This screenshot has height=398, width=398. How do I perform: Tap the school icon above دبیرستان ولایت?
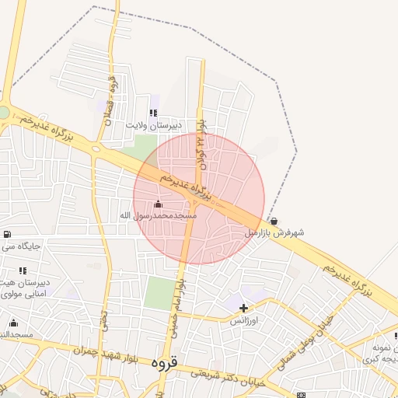click(x=153, y=113)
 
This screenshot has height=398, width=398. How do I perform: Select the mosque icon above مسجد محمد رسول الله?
click(x=159, y=204)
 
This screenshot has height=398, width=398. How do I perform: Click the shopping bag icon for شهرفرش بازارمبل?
click(x=274, y=221)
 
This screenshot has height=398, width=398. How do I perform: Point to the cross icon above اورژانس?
click(x=244, y=309)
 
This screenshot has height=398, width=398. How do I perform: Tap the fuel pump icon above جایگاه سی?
click(x=7, y=234)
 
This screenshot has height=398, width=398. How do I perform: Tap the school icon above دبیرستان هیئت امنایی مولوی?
click(x=23, y=270)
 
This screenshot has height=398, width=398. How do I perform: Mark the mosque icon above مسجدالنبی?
click(x=13, y=323)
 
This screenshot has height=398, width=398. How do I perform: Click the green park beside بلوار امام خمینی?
click(x=159, y=293)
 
